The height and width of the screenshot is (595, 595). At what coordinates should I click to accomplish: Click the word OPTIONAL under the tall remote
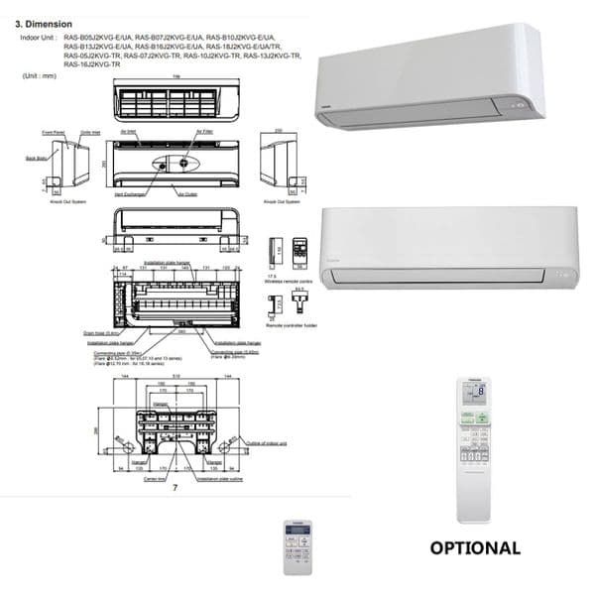point(474,547)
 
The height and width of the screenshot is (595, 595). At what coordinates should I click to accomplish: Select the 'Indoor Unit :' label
point(39,37)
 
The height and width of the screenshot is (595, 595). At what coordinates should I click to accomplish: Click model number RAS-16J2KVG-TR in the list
point(91,63)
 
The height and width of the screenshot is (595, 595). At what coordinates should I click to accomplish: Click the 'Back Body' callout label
point(35,157)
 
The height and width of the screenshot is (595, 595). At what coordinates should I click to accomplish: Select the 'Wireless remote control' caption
point(290,283)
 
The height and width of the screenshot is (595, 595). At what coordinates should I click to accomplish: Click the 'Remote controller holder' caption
point(292,324)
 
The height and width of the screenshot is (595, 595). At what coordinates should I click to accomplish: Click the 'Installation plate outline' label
point(219,479)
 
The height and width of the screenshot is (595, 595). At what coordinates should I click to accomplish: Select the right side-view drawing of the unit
point(279,159)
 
